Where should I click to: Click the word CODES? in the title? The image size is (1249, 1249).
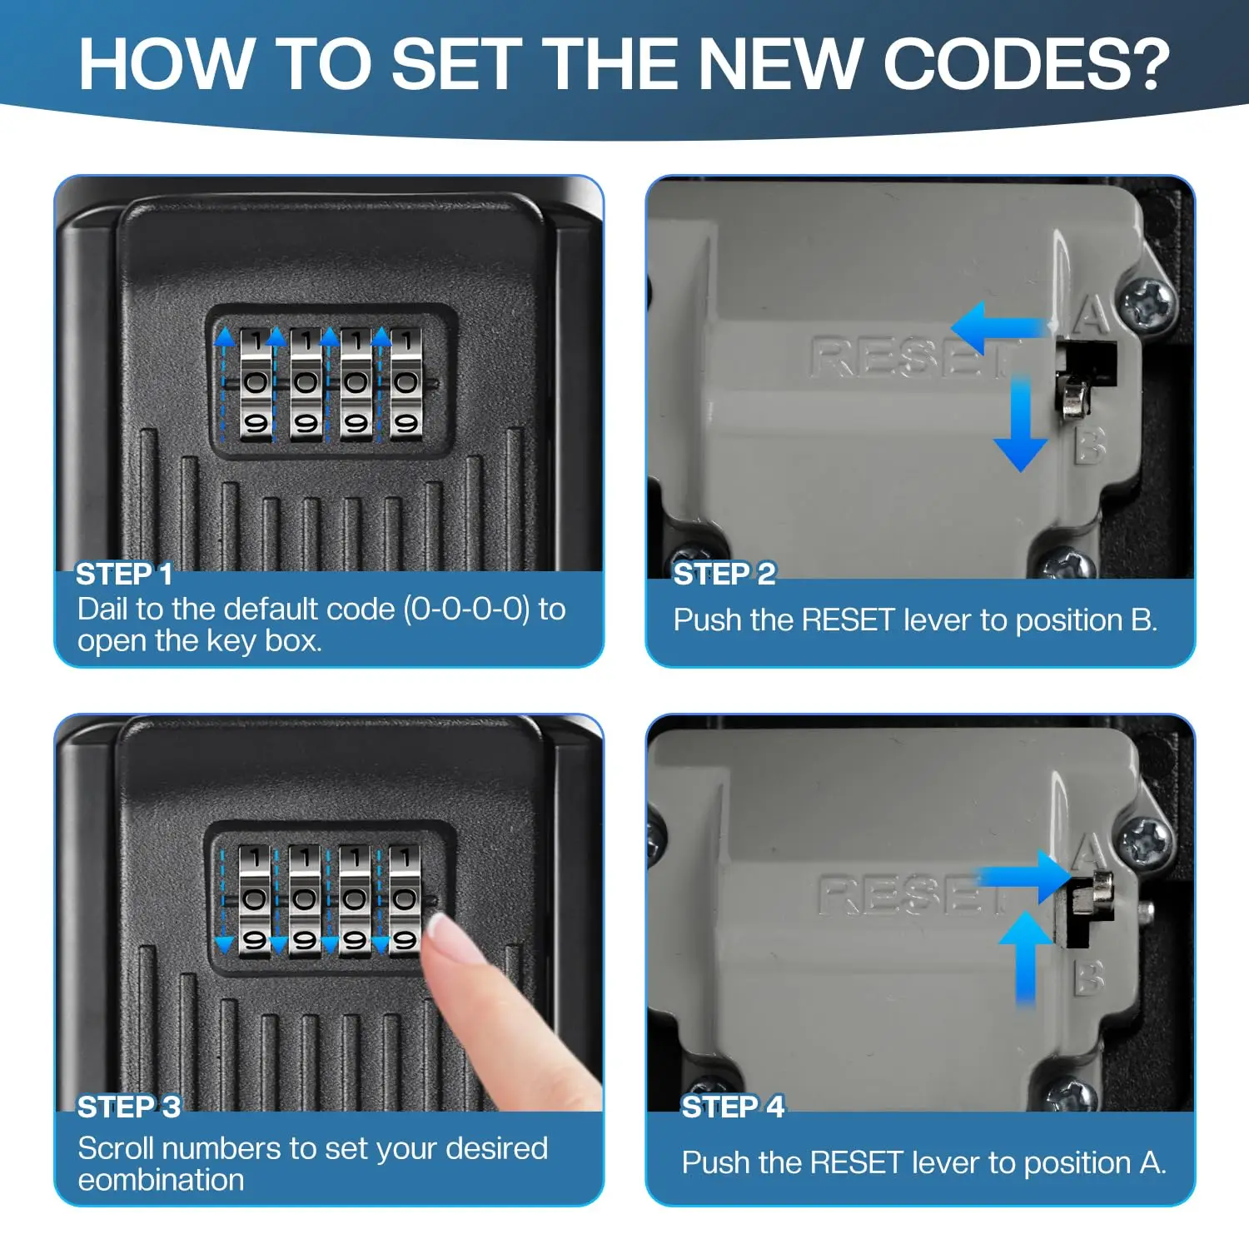coord(1026,64)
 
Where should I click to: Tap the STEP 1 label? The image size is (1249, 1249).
coord(124,574)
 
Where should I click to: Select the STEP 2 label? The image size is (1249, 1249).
coord(724,574)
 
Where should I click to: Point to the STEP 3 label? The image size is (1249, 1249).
coord(129,1107)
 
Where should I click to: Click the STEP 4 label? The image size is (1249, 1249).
coord(733,1107)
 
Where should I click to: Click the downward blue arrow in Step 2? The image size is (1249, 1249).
coord(1021,423)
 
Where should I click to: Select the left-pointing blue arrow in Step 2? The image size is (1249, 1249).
coord(999,327)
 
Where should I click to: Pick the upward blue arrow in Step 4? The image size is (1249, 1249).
coord(1026,958)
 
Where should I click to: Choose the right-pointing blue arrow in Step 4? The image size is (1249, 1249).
coord(1024,876)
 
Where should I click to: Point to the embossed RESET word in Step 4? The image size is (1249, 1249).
coord(913,895)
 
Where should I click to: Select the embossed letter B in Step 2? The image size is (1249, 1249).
coord(1090,445)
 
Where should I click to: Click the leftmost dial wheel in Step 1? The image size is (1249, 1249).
coord(256,383)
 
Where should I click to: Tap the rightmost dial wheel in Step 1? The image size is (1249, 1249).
coord(406,383)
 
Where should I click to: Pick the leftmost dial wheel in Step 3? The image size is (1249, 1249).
coord(255,900)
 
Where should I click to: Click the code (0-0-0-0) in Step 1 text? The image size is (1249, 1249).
coord(466,610)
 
